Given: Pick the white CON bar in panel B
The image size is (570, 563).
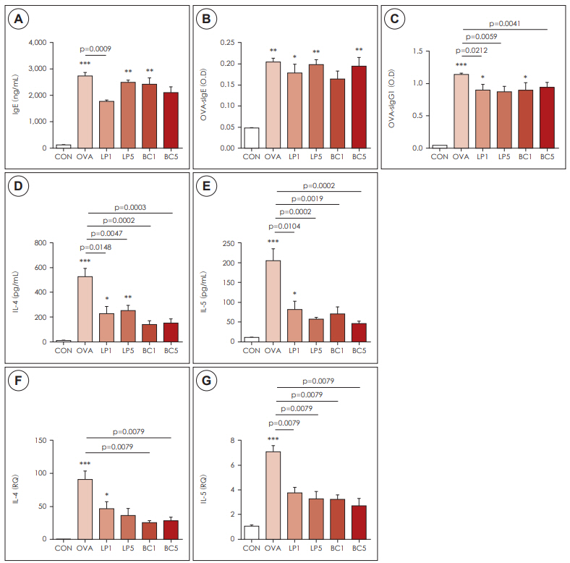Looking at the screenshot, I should tap(251, 137).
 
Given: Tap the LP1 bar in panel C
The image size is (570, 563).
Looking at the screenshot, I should tap(482, 119).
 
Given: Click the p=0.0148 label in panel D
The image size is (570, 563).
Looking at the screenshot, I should tap(106, 246).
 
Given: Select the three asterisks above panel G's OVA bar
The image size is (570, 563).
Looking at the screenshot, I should tap(273, 439).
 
